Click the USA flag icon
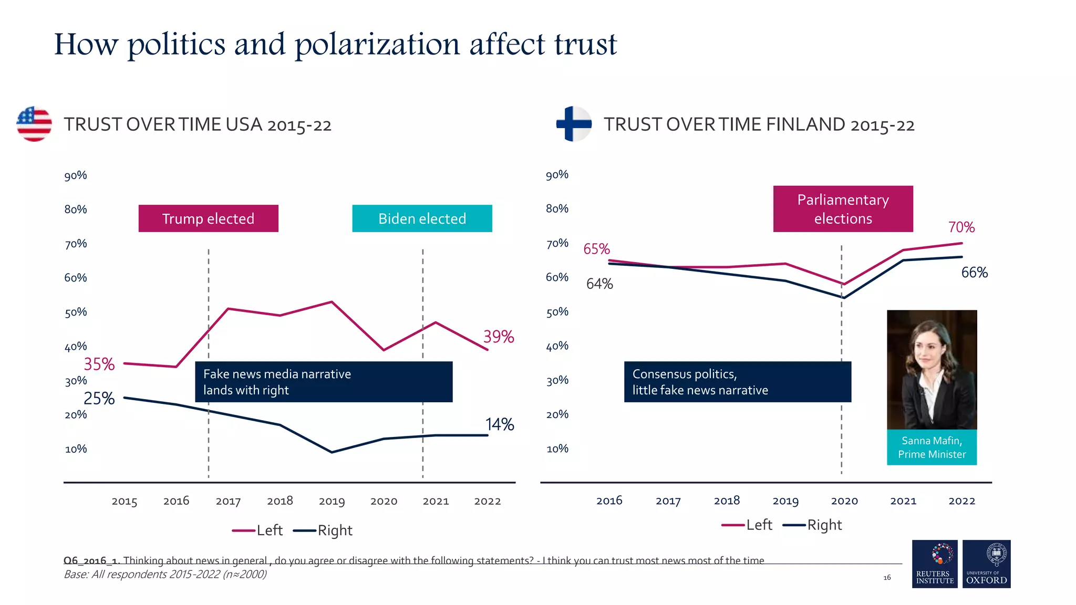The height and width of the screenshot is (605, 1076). [x=34, y=124]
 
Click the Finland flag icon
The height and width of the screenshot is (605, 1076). [x=574, y=124]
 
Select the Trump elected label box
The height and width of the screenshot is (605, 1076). [x=208, y=218]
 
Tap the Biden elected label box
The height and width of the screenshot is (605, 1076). [x=422, y=218]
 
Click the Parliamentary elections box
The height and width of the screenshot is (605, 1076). [x=843, y=209]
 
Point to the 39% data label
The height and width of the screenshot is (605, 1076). [x=498, y=337]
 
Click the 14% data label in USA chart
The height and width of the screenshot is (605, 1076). [x=499, y=424]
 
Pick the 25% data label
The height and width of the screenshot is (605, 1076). [x=99, y=399]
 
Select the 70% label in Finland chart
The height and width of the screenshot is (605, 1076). [x=961, y=227]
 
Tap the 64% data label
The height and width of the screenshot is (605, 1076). [x=599, y=284]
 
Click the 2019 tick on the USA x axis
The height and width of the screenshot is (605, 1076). [x=332, y=502]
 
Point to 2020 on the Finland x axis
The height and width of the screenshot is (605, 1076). [x=844, y=501]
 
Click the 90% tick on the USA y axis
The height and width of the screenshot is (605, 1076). [x=76, y=175]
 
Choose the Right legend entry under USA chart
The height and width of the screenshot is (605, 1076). [x=324, y=530]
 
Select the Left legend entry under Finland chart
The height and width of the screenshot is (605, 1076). [x=748, y=525]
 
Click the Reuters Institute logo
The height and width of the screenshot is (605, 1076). [x=935, y=564]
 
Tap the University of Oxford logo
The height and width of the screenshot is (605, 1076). [x=986, y=564]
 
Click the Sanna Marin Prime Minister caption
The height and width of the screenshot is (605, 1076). [x=932, y=447]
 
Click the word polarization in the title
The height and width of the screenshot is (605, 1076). [x=377, y=45]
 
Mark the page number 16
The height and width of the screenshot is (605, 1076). [x=887, y=578]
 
